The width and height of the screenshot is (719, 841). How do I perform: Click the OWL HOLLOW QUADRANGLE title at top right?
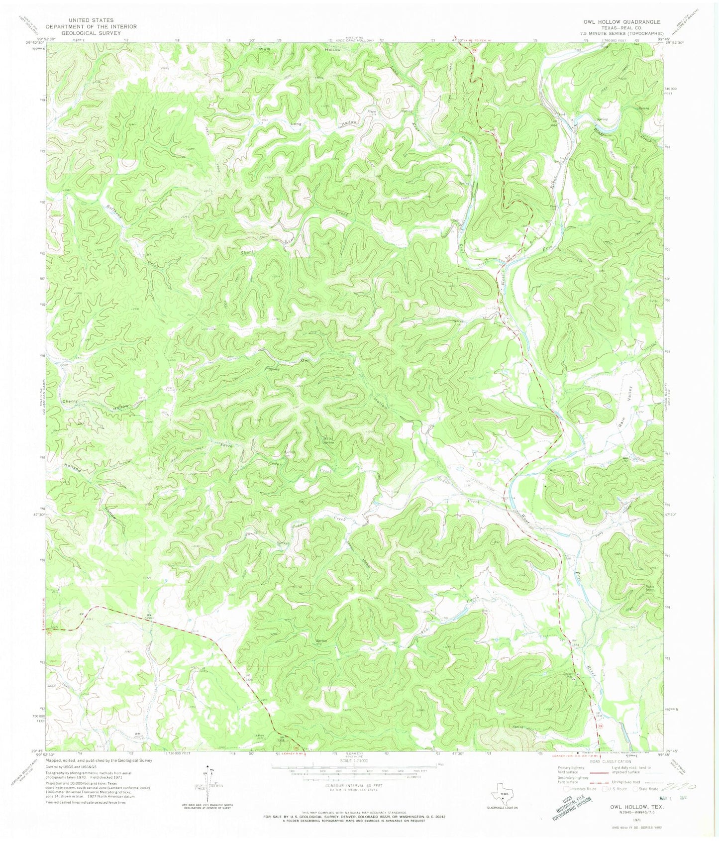(x=622, y=22)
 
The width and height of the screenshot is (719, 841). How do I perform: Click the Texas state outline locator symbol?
(x=503, y=790)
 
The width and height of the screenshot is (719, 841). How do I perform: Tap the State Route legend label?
(x=649, y=789)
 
